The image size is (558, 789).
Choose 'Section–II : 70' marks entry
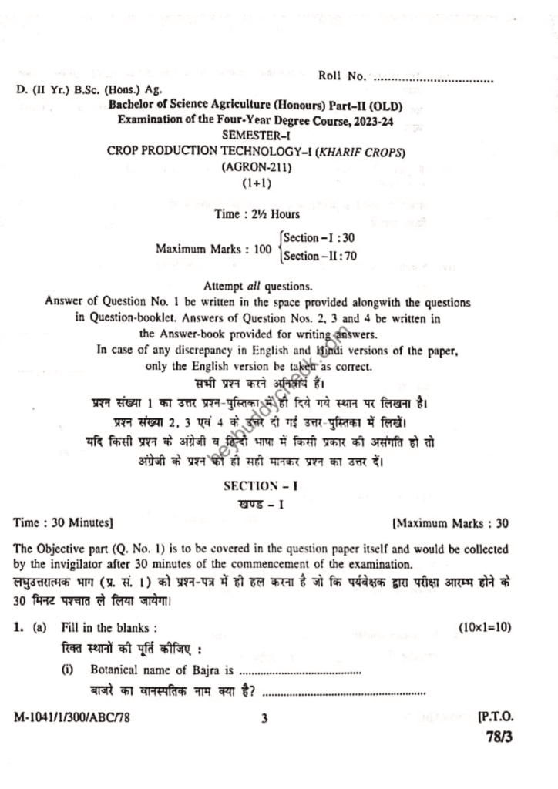[x=319, y=256]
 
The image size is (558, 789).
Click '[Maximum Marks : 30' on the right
[x=450, y=523]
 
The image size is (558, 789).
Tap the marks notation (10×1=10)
[x=483, y=629]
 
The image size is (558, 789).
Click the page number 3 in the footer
[x=264, y=718]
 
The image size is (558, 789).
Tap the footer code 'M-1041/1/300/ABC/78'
[x=72, y=718]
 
